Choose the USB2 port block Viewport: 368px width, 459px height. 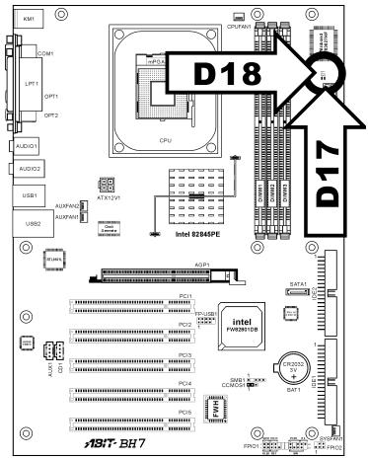pyautogui.click(x=26, y=223)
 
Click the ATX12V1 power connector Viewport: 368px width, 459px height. pyautogui.click(x=108, y=185)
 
